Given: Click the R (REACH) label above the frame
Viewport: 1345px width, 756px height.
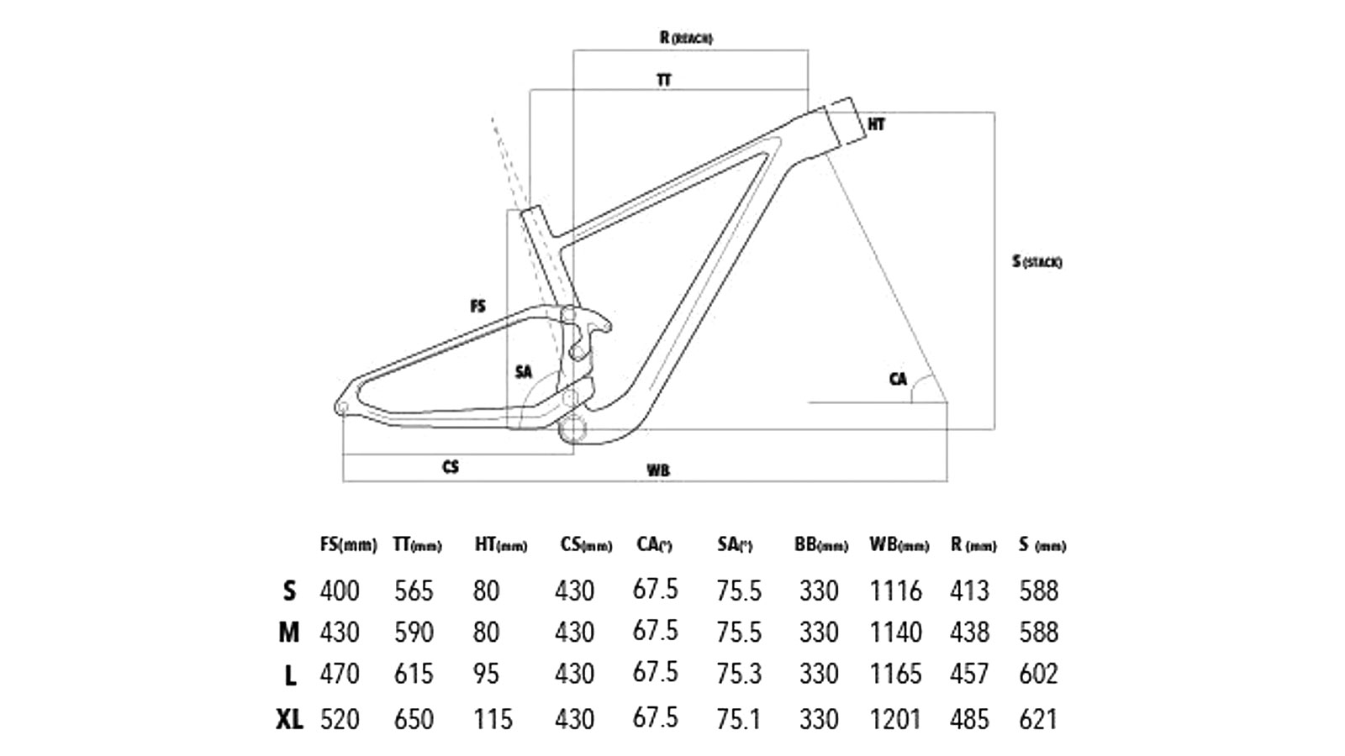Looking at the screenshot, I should click(x=686, y=38).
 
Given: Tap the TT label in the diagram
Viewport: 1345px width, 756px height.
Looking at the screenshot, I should click(x=664, y=81).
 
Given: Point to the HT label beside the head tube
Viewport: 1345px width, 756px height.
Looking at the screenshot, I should click(x=876, y=124).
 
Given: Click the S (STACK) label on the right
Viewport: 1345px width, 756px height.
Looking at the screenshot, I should click(x=1036, y=262).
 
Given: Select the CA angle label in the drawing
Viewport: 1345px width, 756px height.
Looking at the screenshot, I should click(x=898, y=379).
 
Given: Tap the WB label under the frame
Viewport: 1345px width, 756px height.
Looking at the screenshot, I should click(x=658, y=470).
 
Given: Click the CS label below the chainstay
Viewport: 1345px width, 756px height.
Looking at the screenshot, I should click(x=451, y=467).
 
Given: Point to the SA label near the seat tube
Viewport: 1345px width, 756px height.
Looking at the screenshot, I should click(x=523, y=371).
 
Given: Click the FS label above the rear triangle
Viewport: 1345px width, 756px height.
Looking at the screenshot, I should click(x=477, y=307).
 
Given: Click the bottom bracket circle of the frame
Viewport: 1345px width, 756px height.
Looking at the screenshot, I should click(x=574, y=428).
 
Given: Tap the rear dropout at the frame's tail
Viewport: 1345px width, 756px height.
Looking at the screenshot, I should click(x=342, y=409).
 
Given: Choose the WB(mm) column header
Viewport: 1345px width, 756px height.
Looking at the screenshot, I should click(x=899, y=545).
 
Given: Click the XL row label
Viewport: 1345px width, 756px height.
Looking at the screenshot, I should click(x=289, y=720).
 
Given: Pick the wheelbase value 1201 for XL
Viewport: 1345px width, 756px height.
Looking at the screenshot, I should click(x=895, y=720).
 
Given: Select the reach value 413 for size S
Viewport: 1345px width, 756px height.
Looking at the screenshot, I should click(x=969, y=591).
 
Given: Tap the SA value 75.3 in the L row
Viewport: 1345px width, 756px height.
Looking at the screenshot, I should click(x=739, y=674).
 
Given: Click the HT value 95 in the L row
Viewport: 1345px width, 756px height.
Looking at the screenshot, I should click(x=486, y=674).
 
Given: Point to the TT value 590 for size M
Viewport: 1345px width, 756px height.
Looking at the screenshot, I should click(x=414, y=632).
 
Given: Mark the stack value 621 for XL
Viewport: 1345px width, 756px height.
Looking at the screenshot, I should click(x=1038, y=720).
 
